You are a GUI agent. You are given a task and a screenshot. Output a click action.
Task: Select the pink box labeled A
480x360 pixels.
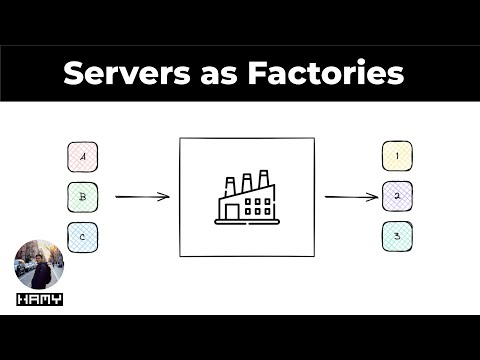click(82, 157)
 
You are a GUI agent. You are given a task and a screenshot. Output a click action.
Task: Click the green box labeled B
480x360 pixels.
click(82, 196)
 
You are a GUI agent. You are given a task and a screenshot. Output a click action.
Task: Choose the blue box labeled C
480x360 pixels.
click(82, 236)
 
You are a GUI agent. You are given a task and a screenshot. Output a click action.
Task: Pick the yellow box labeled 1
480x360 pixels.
click(397, 156)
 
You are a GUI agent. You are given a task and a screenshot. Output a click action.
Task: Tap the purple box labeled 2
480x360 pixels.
click(397, 196)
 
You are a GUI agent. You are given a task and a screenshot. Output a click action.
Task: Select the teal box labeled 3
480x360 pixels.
click(397, 236)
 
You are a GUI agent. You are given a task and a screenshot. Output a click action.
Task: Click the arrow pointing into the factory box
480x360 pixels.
click(142, 196)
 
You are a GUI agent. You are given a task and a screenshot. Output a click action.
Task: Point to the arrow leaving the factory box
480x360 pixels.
click(350, 196)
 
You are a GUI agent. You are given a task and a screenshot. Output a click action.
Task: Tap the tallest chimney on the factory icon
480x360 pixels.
click(264, 180)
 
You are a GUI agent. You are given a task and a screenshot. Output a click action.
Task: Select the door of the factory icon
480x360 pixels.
click(232, 211)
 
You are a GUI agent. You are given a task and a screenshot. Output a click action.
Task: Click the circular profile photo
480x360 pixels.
click(39, 265)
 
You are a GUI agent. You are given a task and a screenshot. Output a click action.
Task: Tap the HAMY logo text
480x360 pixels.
click(39, 299)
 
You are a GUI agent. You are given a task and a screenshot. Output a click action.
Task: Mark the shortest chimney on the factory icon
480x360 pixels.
click(230, 186)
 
